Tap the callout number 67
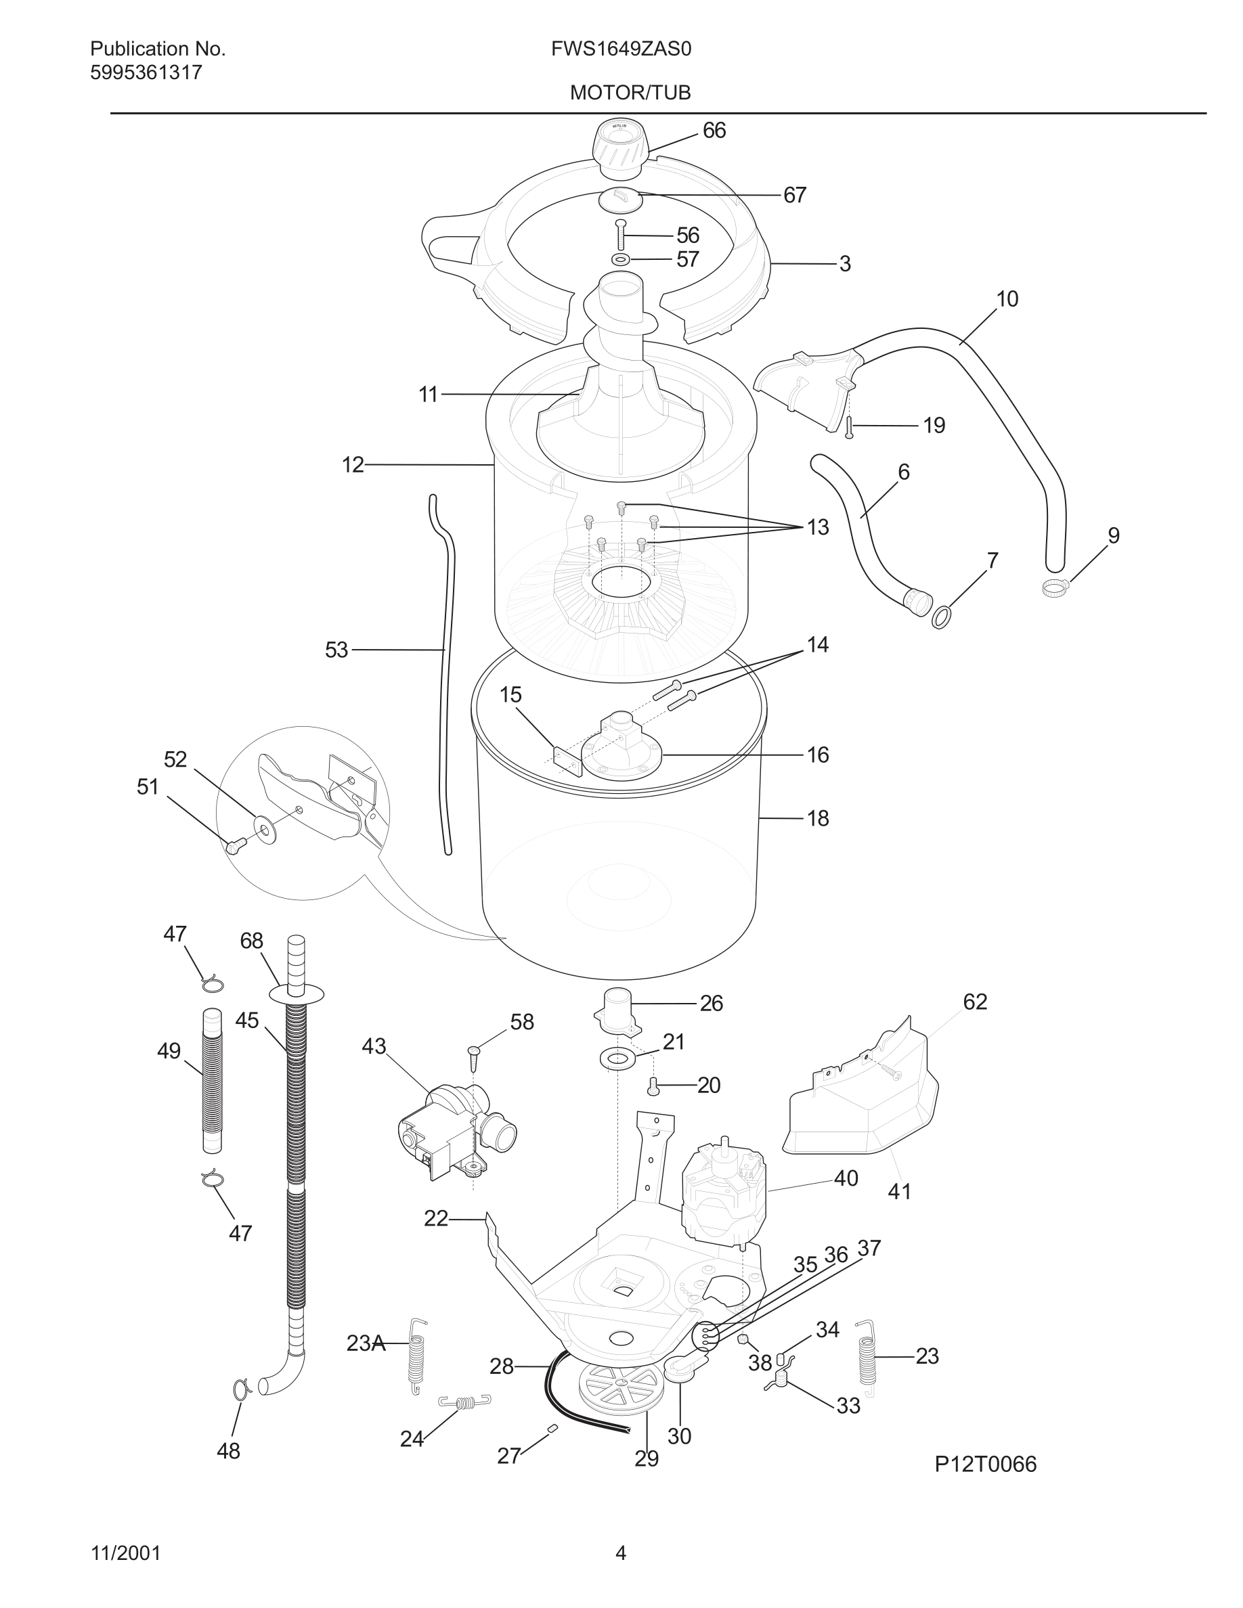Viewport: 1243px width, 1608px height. [795, 195]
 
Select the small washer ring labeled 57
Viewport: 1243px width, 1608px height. [621, 259]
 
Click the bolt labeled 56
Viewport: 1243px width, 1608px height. [621, 236]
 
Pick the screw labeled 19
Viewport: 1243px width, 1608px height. [849, 427]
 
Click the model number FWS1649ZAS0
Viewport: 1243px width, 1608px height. [621, 49]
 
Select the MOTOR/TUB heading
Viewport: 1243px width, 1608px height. [630, 93]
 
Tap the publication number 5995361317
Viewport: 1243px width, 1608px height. [146, 73]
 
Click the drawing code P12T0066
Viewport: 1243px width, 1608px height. [985, 1465]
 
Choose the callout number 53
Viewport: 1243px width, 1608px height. [336, 650]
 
